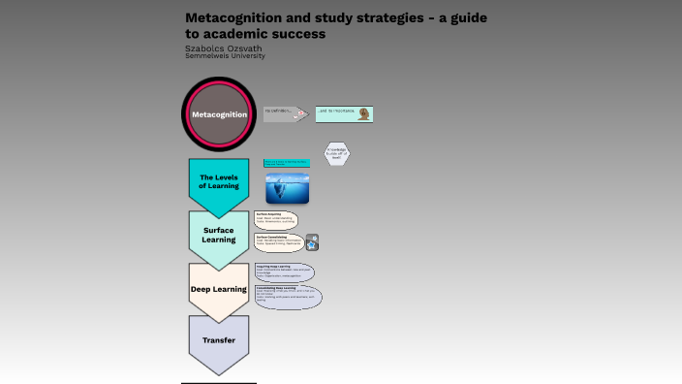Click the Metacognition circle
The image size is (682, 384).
pos(218,114)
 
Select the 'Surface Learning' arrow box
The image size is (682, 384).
pos(218,236)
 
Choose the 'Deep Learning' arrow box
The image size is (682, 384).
pos(218,289)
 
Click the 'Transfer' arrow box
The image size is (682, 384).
pos(218,341)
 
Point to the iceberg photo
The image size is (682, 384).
pos(288,188)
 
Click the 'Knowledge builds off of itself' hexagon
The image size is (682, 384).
pos(337,153)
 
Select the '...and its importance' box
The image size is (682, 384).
pos(344,114)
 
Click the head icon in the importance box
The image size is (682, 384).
pos(363,114)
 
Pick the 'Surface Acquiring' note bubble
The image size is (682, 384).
pos(276,219)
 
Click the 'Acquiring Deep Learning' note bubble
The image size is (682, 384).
pos(284,272)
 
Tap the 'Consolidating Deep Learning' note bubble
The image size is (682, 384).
pos(288,296)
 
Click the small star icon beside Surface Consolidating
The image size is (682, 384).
pos(312,242)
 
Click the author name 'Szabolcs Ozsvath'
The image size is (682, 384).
pos(223,48)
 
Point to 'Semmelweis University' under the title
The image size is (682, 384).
pos(225,56)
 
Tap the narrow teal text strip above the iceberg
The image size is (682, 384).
pos(287,163)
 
